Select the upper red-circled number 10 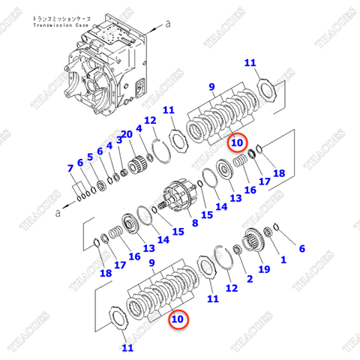[x=236, y=141]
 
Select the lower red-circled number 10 [x=177, y=319]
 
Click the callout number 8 [x=195, y=223]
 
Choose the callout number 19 [x=264, y=269]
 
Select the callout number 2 [x=248, y=279]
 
